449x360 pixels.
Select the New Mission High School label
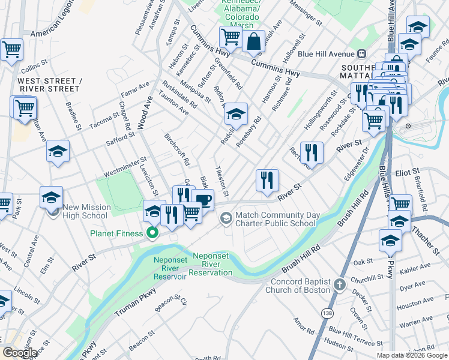[86, 211]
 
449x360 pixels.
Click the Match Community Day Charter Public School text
[275, 219]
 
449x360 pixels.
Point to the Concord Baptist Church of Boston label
[301, 286]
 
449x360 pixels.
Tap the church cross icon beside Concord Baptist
[340, 284]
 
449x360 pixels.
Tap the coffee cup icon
[203, 199]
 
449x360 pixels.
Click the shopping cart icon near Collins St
[11, 50]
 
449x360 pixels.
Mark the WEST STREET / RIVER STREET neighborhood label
[48, 85]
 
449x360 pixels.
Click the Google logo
[20, 353]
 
